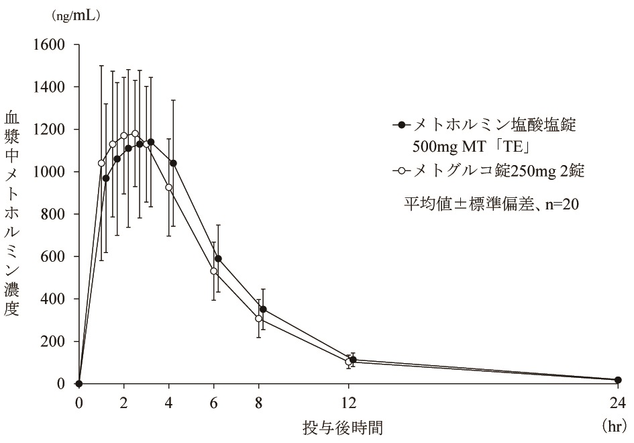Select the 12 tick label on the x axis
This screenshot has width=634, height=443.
pyautogui.click(x=348, y=403)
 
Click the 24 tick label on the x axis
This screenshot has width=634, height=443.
pyautogui.click(x=617, y=403)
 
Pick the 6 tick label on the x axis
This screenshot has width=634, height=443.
pyautogui.click(x=214, y=403)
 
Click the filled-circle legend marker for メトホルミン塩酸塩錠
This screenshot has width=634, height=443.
pyautogui.click(x=403, y=125)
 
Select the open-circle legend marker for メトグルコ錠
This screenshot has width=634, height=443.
pyautogui.click(x=403, y=171)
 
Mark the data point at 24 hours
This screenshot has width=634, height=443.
pyautogui.click(x=618, y=380)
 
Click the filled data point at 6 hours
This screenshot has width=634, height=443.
pyautogui.click(x=218, y=258)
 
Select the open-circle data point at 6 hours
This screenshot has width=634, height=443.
pyautogui.click(x=214, y=271)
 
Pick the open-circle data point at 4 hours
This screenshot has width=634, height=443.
pyautogui.click(x=168, y=187)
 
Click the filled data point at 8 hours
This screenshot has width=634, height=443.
pyautogui.click(x=263, y=309)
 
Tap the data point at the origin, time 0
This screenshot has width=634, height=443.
pyautogui.click(x=79, y=383)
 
